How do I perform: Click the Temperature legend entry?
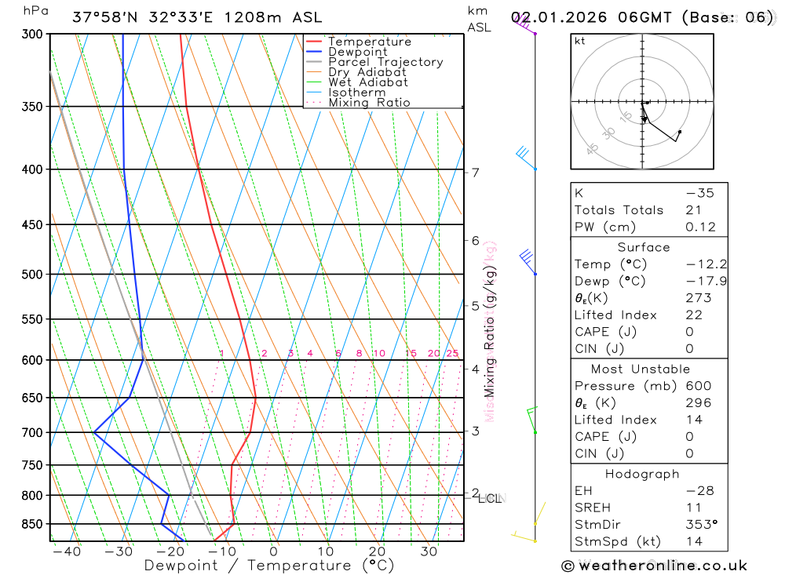point(369,42)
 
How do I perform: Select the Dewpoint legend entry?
point(357,52)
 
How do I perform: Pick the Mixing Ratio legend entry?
point(369,103)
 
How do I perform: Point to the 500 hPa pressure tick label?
point(31,275)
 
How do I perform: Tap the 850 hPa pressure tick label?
point(31,523)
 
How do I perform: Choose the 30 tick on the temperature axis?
point(429,551)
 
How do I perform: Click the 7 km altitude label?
point(476,173)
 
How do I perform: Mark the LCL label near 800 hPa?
point(490,498)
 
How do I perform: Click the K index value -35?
point(699,193)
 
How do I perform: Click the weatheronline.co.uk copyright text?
point(655,566)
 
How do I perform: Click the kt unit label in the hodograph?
point(579,41)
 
